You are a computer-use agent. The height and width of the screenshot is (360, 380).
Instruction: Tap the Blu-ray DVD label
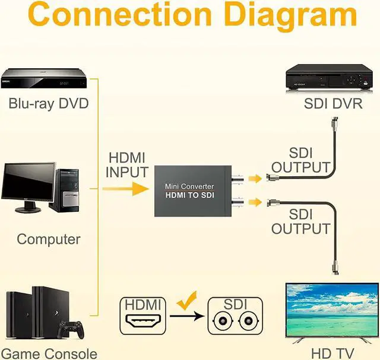(48, 104)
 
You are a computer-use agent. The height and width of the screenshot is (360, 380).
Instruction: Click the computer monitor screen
(28, 182)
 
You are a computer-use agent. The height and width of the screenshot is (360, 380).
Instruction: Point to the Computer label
(48, 240)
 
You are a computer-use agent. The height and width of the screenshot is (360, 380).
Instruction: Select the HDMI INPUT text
(126, 165)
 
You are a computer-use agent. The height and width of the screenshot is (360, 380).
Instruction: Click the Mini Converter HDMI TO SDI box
(189, 191)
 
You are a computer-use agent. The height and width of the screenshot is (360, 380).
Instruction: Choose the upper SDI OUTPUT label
(300, 160)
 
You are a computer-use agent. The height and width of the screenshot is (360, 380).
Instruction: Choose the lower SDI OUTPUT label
(300, 221)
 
